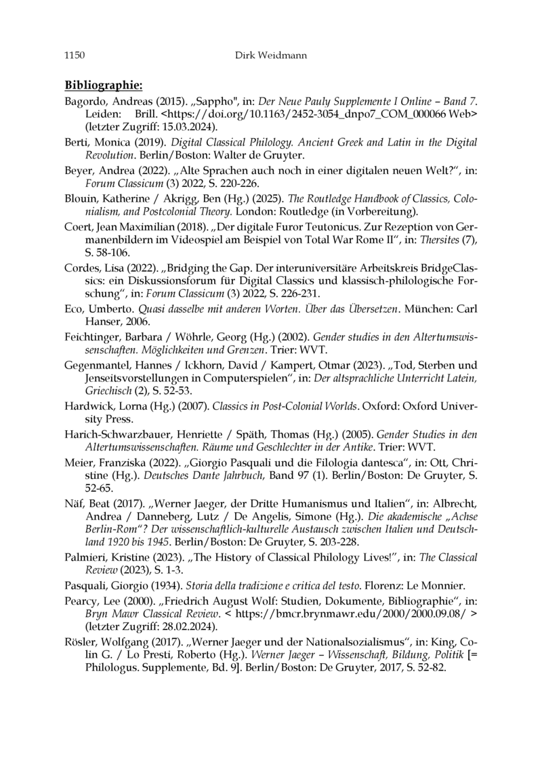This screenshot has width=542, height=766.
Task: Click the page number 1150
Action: pyautogui.click(x=75, y=54)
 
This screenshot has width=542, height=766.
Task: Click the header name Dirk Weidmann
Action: pyautogui.click(x=270, y=54)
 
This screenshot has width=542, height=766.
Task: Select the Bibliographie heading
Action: pyautogui.click(x=103, y=85)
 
